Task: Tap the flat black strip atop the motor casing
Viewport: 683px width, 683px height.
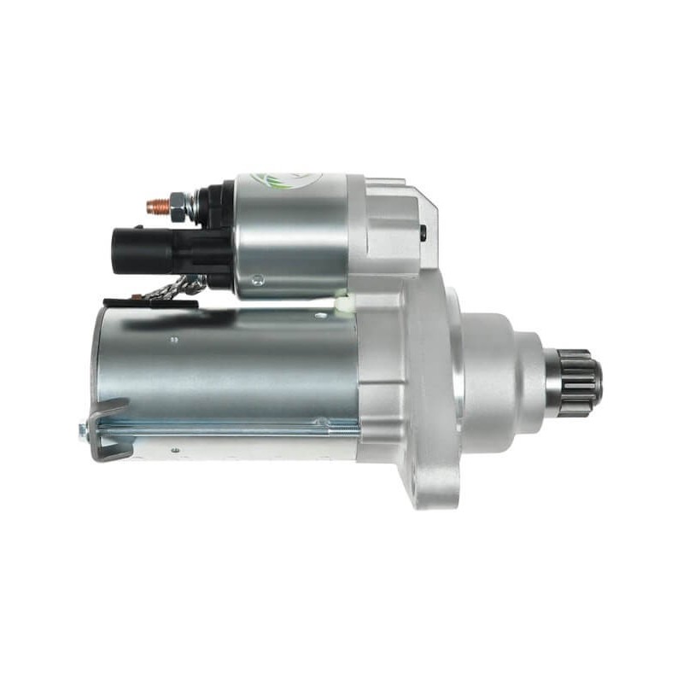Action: coord(149,302)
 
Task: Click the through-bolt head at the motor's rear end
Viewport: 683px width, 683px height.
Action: coord(85,432)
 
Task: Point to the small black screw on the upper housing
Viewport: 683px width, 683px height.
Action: coord(423,231)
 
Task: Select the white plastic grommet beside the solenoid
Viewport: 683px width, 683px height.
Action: coord(341,301)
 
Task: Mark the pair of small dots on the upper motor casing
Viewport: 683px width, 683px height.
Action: coord(175,339)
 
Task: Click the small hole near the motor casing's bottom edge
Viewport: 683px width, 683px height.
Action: coord(175,450)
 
